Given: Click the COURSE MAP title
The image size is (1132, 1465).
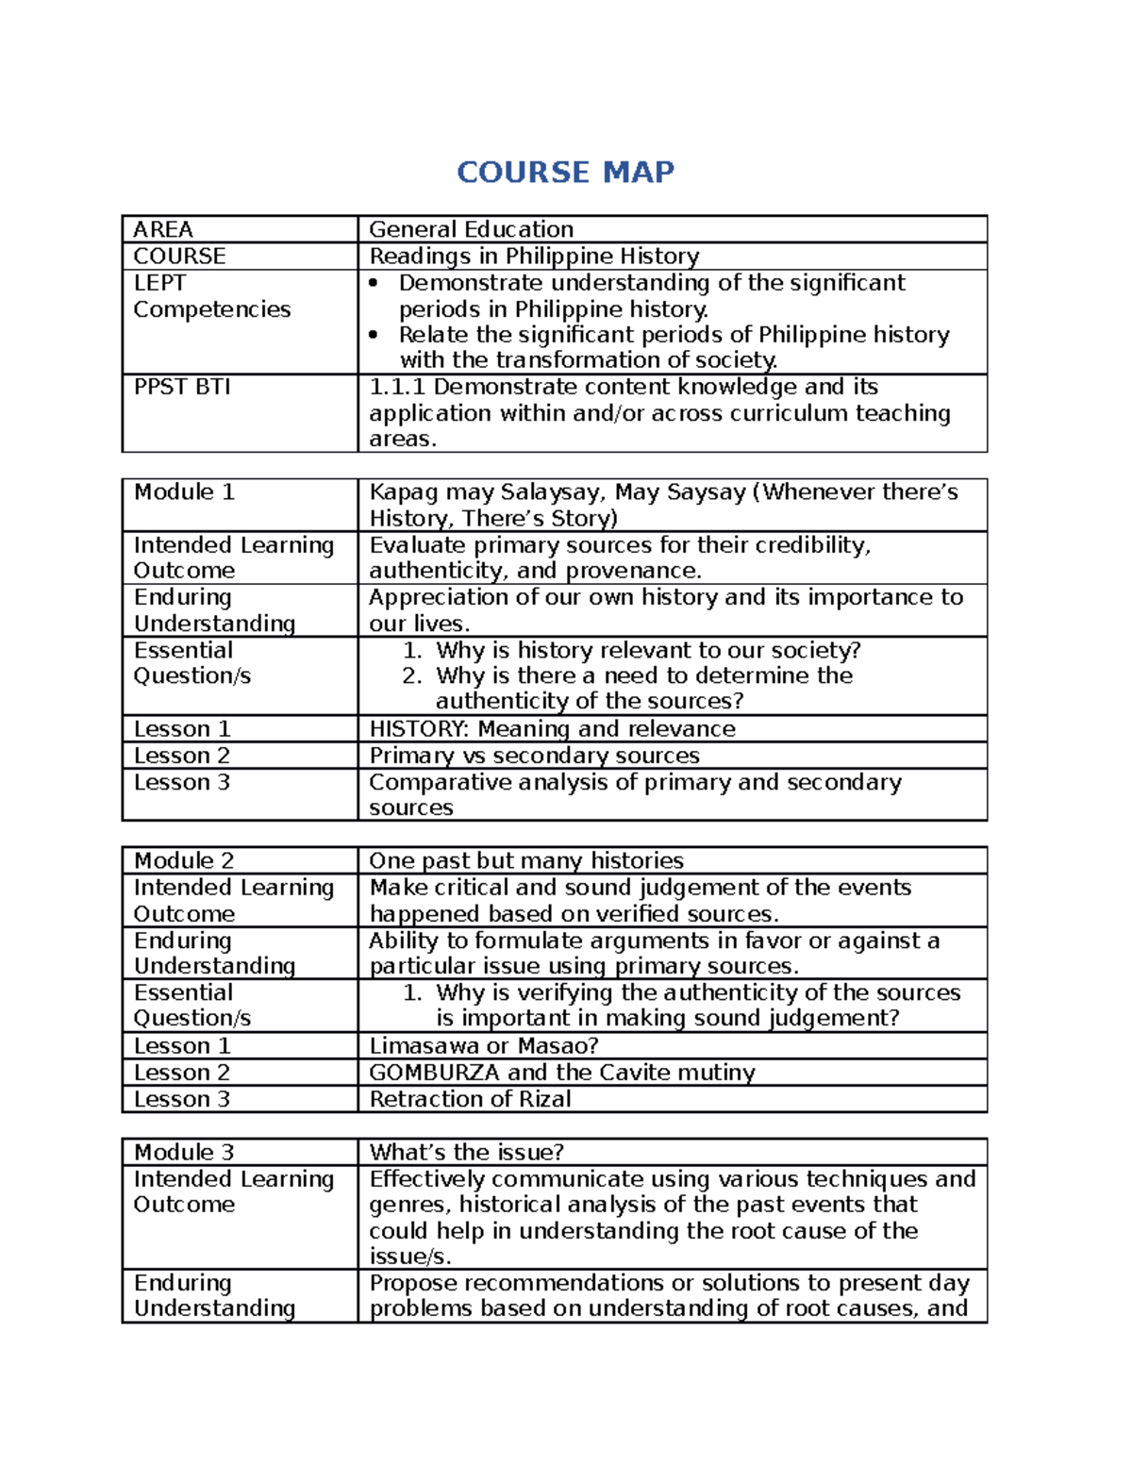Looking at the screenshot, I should tap(565, 173).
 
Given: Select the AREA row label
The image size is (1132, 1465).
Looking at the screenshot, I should tap(163, 229).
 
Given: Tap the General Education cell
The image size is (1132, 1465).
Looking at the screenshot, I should tap(471, 229).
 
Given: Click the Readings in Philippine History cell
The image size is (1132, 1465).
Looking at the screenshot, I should tap(534, 256).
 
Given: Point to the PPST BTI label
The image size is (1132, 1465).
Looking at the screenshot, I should tap(182, 387).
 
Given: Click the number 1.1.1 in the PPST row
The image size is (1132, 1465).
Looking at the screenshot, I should tap(397, 387).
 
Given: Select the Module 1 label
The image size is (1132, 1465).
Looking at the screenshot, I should tap(184, 491).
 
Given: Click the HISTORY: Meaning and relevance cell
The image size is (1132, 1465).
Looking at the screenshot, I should tap(552, 728).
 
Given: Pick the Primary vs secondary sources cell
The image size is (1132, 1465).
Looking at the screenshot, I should tap(534, 755).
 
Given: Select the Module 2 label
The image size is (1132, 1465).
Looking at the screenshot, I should tap(184, 860).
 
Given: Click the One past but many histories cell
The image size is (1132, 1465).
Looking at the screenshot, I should tap(526, 860).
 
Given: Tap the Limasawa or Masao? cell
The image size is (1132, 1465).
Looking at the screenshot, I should tap(483, 1045).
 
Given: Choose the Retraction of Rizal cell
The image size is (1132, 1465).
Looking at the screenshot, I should tap(470, 1098).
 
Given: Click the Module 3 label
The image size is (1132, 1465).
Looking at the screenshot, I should tap(184, 1152).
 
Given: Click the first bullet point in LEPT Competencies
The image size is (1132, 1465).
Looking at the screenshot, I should tap(375, 283).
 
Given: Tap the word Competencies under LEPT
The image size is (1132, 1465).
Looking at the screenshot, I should tap(212, 309).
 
